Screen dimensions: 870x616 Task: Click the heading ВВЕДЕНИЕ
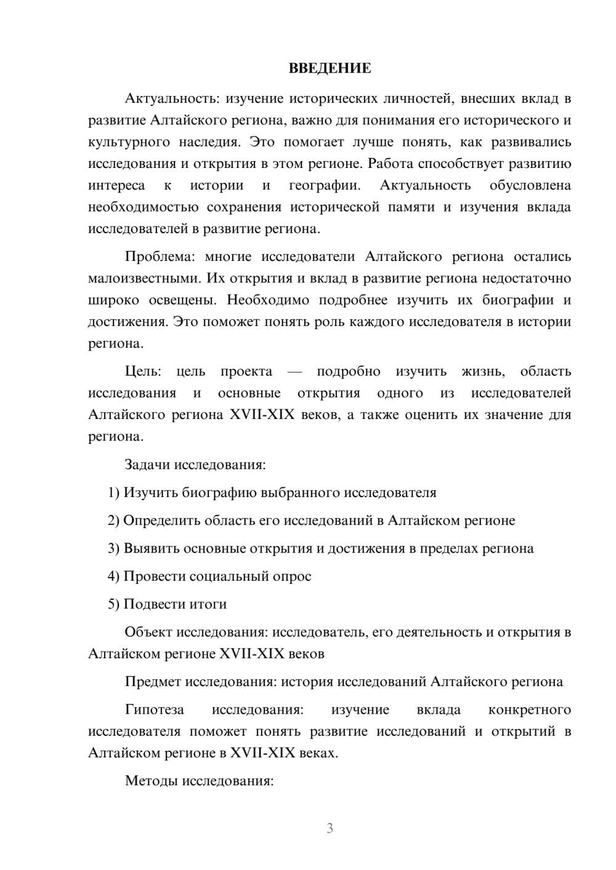point(330,68)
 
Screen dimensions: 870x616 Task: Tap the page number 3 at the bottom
point(330,828)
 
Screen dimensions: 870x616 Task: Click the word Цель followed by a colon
point(143,371)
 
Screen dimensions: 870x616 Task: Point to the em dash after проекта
point(294,372)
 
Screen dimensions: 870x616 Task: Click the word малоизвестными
point(145,278)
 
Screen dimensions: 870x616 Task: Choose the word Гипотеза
point(155,709)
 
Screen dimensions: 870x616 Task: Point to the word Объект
point(148,632)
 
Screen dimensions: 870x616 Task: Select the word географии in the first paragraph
point(324,185)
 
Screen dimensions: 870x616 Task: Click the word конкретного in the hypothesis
point(529,709)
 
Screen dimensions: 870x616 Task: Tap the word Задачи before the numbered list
point(147,464)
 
